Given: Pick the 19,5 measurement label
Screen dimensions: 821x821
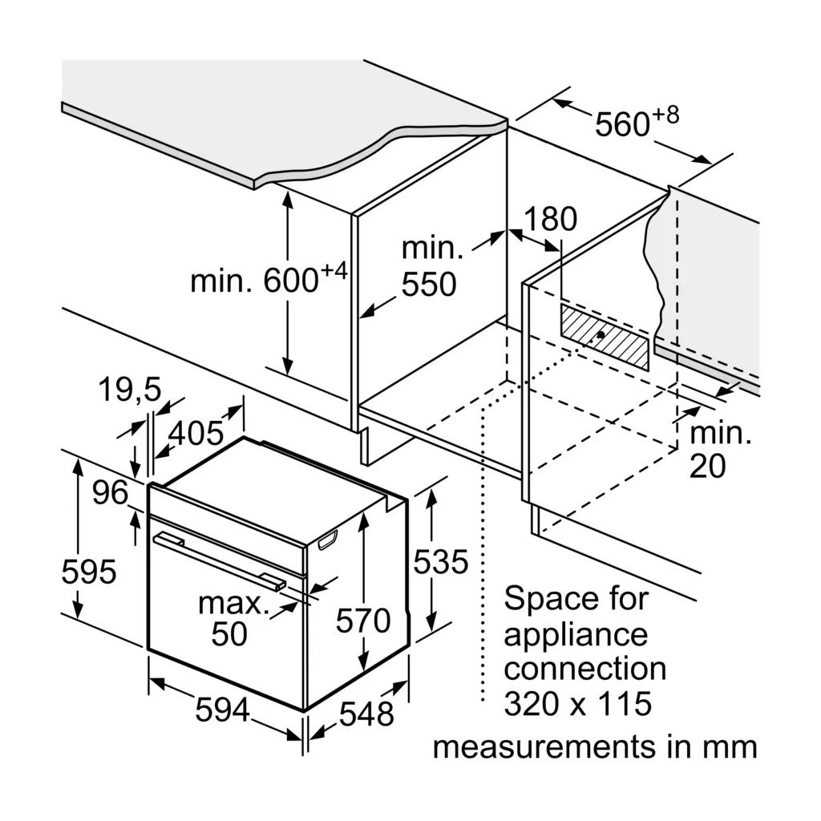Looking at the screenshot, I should click(129, 390).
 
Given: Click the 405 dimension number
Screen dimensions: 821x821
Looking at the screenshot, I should click(196, 433).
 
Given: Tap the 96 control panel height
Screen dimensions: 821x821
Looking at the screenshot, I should click(110, 493).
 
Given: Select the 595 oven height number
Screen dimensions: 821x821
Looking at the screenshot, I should click(89, 572).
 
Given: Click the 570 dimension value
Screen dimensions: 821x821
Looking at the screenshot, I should click(362, 621).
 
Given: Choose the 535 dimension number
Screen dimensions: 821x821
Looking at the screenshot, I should click(440, 562).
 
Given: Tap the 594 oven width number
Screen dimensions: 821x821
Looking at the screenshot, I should click(224, 710).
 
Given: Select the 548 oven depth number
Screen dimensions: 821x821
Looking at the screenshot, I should click(366, 714).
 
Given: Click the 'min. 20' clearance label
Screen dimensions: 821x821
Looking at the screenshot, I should click(719, 450).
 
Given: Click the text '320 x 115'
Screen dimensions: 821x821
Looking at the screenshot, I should click(576, 704).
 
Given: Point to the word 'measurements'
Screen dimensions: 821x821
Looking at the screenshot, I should click(543, 747).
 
